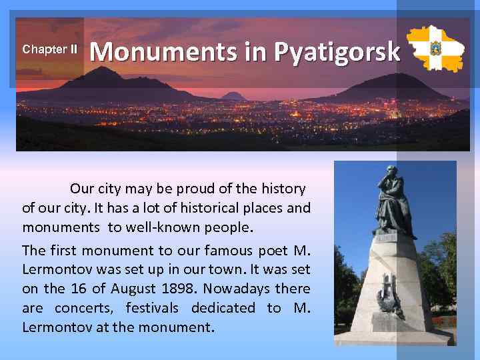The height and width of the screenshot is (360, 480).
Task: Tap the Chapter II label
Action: click(x=50, y=49)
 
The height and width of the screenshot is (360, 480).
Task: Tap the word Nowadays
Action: click(x=238, y=289)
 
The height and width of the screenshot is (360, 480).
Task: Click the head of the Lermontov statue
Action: click(x=389, y=175)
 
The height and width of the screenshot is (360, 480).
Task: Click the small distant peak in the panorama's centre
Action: click(x=234, y=95)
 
